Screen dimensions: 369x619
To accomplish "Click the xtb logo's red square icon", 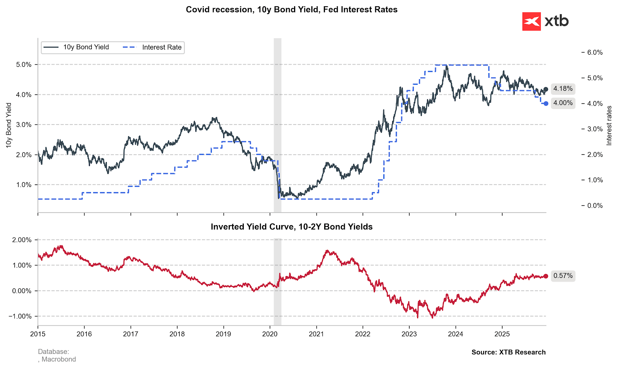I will click(531, 21).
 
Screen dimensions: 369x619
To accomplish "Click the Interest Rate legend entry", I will click(152, 47).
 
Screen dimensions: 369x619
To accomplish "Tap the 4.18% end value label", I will click(563, 89).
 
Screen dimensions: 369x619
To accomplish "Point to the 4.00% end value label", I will click(563, 103).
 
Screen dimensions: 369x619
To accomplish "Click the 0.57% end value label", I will click(563, 276).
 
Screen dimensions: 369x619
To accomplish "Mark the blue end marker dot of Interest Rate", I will click(546, 104).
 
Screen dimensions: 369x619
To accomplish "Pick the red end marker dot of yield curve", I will click(546, 276).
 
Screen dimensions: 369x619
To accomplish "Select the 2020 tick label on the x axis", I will click(270, 334).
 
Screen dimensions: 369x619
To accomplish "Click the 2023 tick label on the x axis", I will click(409, 334).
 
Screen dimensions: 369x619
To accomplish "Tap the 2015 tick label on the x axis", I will click(38, 334).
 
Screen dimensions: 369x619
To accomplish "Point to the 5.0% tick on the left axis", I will click(24, 65).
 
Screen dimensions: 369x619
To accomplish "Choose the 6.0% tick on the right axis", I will click(595, 53).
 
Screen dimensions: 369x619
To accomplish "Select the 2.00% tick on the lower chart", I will click(22, 240).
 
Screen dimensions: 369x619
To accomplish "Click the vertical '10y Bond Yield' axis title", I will click(9, 126).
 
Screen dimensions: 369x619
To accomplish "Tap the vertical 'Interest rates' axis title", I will click(609, 126).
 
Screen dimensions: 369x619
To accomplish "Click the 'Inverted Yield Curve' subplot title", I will click(292, 227).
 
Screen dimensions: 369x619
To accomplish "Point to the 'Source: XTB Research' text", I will click(508, 352).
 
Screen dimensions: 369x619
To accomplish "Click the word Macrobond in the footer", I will click(59, 359).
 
